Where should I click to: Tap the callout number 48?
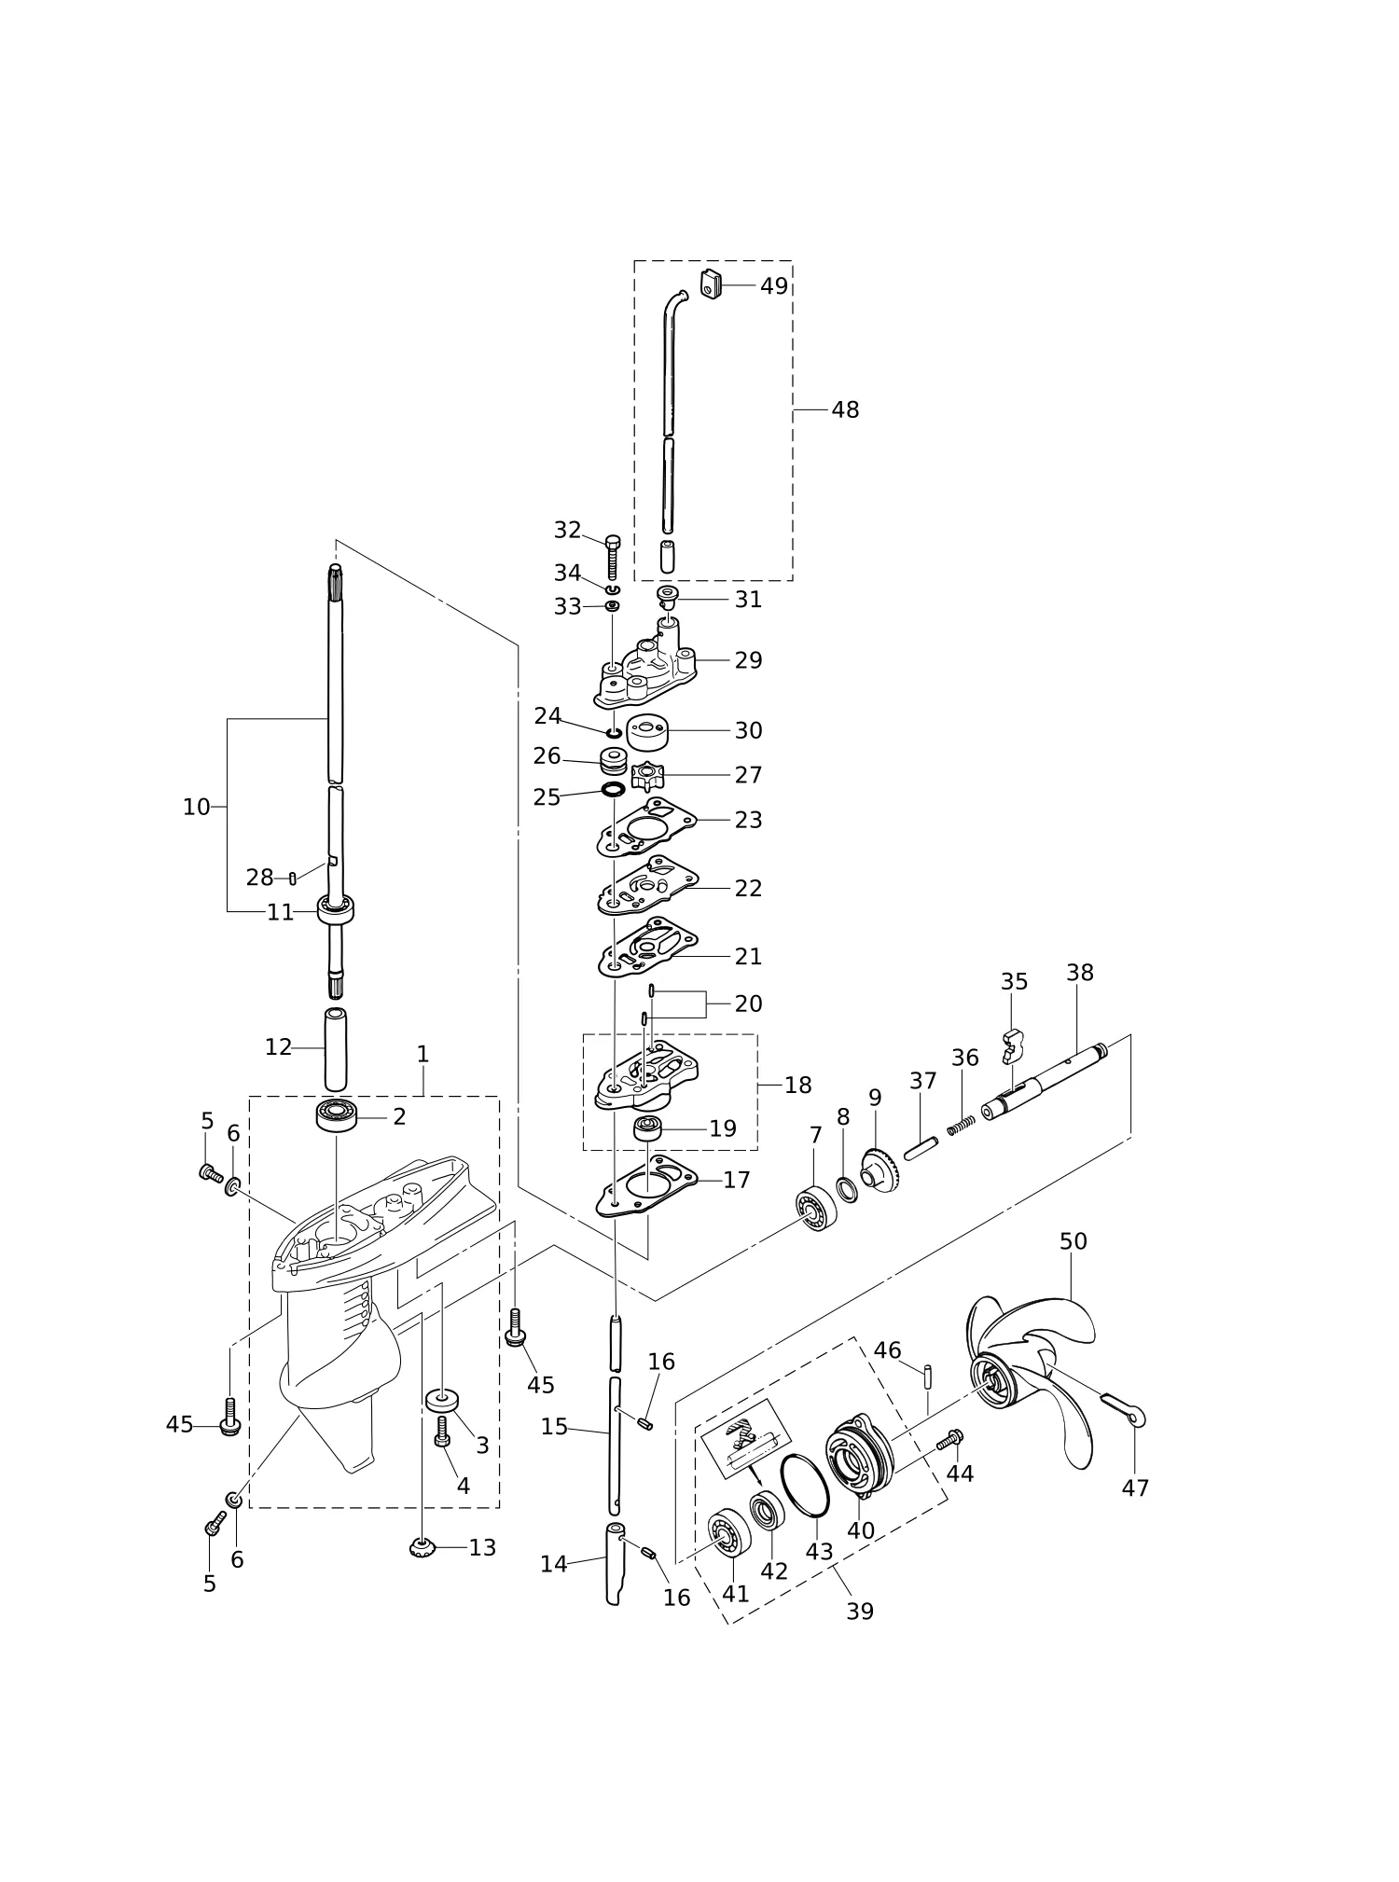tap(845, 409)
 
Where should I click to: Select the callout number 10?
tap(196, 808)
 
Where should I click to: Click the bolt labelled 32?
tap(612, 558)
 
